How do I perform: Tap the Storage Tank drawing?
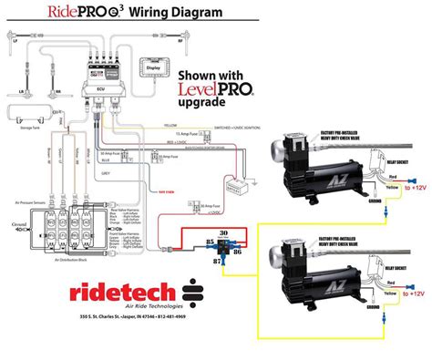[24, 115]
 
